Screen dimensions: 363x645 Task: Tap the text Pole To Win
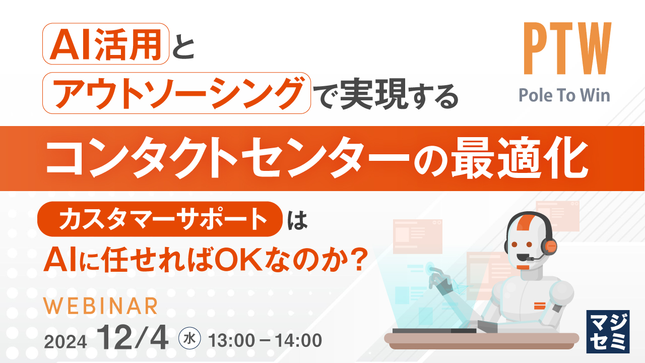[564, 95]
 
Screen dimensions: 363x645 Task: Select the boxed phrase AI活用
[105, 43]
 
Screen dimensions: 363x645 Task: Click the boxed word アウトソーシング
[176, 92]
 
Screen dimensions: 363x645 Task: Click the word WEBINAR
[101, 306]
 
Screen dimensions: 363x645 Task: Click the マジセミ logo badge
[608, 331]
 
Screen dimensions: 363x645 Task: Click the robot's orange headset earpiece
[549, 246]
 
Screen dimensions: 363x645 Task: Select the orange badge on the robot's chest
[539, 304]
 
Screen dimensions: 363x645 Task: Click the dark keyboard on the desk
[433, 331]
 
